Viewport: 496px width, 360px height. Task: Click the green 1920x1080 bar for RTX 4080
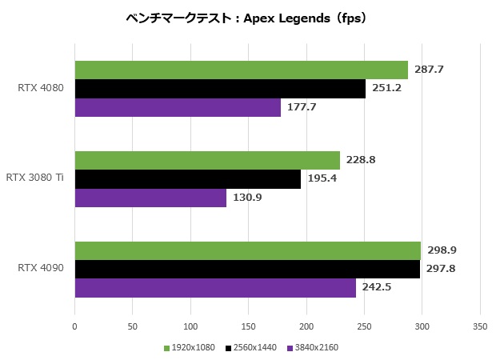(x=241, y=70)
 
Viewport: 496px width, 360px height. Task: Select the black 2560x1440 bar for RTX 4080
(x=220, y=88)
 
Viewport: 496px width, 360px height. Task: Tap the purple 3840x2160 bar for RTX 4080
(x=178, y=107)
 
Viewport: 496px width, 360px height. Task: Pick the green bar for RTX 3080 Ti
(x=207, y=160)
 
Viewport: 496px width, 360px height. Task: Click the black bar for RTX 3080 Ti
(x=187, y=178)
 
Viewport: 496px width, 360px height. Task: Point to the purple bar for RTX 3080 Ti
(x=150, y=198)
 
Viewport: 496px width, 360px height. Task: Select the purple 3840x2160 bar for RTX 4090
(x=215, y=288)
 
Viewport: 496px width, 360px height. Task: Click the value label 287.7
(x=429, y=70)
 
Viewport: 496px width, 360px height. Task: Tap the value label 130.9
(x=247, y=198)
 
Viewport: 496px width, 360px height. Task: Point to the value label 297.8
(x=441, y=269)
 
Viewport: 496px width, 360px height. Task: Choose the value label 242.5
(x=377, y=288)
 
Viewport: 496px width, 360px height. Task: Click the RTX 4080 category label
(x=40, y=88)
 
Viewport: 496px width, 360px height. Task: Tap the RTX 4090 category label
(x=40, y=269)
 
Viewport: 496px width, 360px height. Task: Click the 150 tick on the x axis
(x=248, y=326)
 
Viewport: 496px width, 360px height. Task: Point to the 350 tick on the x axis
(x=479, y=326)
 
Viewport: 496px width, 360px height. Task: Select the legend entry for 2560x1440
(x=253, y=348)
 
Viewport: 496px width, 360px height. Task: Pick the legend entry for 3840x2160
(x=314, y=348)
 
